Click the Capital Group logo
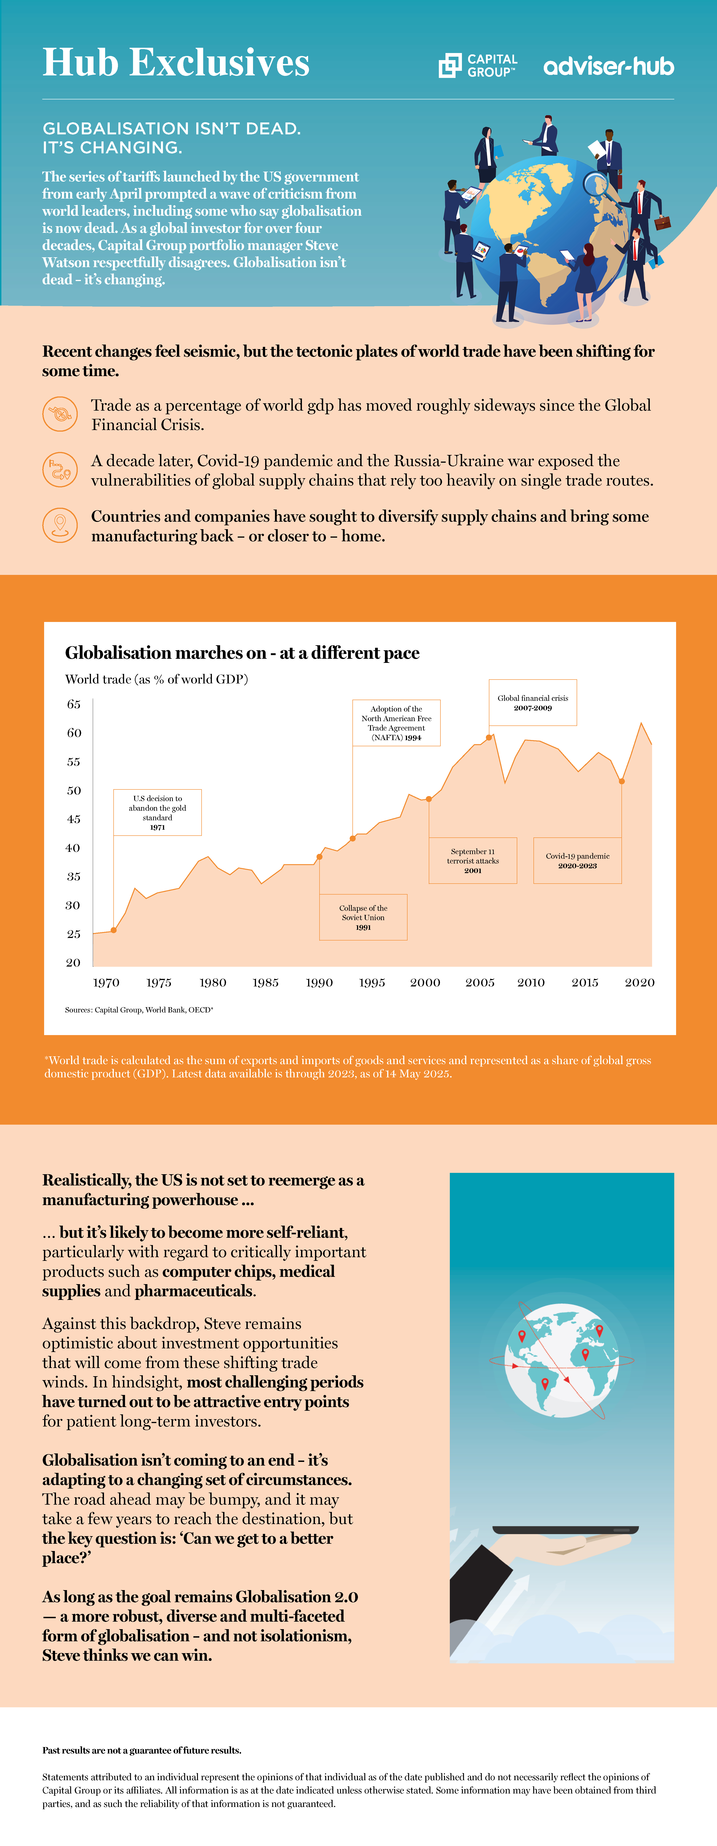[x=477, y=65]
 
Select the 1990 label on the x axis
[x=319, y=983]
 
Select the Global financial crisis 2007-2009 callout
[x=533, y=702]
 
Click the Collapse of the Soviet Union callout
[x=363, y=917]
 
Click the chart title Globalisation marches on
[x=242, y=653]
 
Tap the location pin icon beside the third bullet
[x=60, y=525]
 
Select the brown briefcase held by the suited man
[x=663, y=222]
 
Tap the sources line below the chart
[x=139, y=1010]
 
